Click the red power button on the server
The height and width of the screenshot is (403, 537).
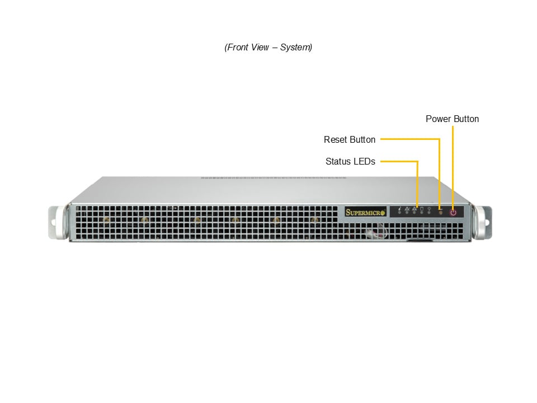tap(453, 213)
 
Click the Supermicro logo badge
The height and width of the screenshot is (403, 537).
tap(365, 212)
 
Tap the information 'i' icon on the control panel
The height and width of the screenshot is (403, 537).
tap(399, 208)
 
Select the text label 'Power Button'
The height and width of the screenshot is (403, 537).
tap(452, 119)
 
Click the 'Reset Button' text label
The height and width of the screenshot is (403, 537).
tap(350, 139)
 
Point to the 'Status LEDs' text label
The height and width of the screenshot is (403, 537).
tap(350, 161)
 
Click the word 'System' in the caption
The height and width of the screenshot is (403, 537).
tap(295, 47)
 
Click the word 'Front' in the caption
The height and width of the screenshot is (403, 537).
tap(238, 47)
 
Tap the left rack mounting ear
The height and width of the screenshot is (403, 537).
tap(58, 222)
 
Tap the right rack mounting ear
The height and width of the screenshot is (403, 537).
tap(483, 222)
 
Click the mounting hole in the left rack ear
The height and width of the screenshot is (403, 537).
tap(53, 223)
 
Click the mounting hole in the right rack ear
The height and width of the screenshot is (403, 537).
tap(487, 223)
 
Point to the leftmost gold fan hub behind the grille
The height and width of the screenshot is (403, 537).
tap(106, 220)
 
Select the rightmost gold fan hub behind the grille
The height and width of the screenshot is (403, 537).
tap(314, 220)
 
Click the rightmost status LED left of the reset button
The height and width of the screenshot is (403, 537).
tap(429, 213)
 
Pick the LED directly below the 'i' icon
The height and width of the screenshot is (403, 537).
tap(399, 213)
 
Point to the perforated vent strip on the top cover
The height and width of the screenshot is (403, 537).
tap(274, 178)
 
